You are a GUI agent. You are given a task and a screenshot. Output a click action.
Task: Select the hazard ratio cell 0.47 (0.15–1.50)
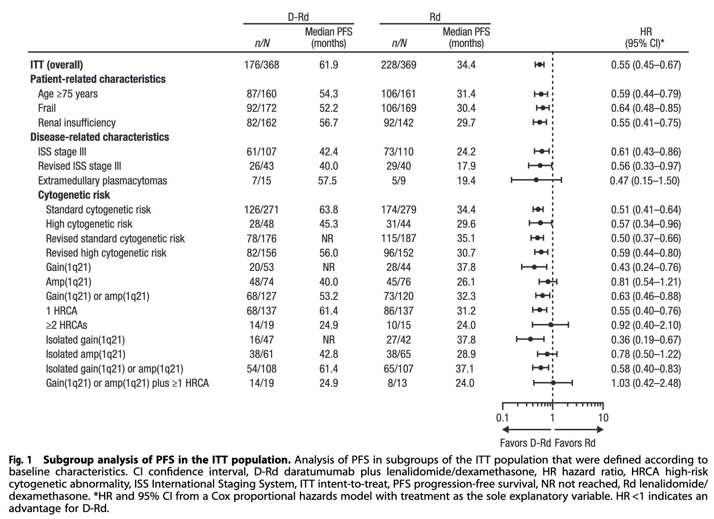pyautogui.click(x=645, y=181)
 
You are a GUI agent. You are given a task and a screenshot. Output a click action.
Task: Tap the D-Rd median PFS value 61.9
pyautogui.click(x=328, y=65)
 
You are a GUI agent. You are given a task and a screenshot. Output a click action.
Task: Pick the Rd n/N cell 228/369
pyautogui.click(x=399, y=65)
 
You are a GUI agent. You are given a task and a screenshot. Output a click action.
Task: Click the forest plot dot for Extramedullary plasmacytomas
pyautogui.click(x=536, y=180)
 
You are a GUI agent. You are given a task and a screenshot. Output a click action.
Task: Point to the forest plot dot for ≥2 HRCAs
pyautogui.click(x=551, y=325)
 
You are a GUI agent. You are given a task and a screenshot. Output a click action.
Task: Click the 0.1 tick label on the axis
pyautogui.click(x=502, y=418)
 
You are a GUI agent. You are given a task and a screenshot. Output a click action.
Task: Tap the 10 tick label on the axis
pyautogui.click(x=603, y=418)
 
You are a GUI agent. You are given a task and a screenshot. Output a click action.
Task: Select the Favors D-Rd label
pyautogui.click(x=526, y=443)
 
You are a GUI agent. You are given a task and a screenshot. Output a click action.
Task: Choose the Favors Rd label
pyautogui.click(x=575, y=443)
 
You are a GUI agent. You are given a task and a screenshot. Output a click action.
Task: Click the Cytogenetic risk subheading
pyautogui.click(x=74, y=195)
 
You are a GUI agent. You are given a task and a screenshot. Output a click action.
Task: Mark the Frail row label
pyautogui.click(x=47, y=108)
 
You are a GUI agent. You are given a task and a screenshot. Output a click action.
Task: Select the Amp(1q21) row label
pyautogui.click(x=69, y=282)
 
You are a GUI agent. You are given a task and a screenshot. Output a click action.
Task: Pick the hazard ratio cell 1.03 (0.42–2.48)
pyautogui.click(x=646, y=383)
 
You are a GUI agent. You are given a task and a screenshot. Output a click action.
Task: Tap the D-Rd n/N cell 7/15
pyautogui.click(x=262, y=181)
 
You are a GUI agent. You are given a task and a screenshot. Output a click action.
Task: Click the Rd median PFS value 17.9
pyautogui.click(x=466, y=166)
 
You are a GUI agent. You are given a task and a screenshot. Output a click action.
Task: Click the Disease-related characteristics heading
pyautogui.click(x=100, y=137)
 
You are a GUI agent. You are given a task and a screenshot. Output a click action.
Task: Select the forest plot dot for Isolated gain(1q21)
pyautogui.click(x=530, y=339)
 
